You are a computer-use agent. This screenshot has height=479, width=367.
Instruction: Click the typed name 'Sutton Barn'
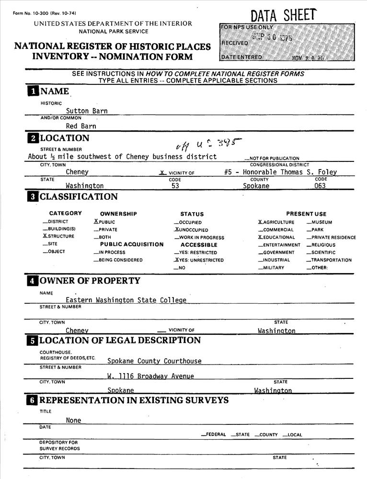point(87,111)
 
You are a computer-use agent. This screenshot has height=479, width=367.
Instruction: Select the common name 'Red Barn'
point(81,126)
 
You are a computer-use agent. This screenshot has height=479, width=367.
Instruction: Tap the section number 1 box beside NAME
point(33,91)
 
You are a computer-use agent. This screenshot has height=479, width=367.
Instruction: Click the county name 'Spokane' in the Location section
point(256,186)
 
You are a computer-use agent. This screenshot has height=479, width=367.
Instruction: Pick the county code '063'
point(320,186)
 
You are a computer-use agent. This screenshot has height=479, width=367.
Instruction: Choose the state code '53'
point(175,186)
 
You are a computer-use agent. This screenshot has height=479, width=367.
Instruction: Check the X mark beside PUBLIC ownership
point(96,222)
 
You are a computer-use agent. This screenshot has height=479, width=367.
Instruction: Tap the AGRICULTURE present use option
point(276,222)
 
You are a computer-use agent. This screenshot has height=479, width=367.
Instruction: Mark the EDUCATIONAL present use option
point(276,238)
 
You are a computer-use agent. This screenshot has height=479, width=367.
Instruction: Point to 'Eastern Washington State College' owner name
point(126,300)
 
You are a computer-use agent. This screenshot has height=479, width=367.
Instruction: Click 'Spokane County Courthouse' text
point(154,361)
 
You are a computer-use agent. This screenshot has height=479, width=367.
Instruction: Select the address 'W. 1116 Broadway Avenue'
point(150,376)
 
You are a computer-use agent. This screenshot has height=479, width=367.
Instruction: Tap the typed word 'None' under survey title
point(74,421)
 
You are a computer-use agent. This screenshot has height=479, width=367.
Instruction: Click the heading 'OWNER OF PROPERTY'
point(90,281)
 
